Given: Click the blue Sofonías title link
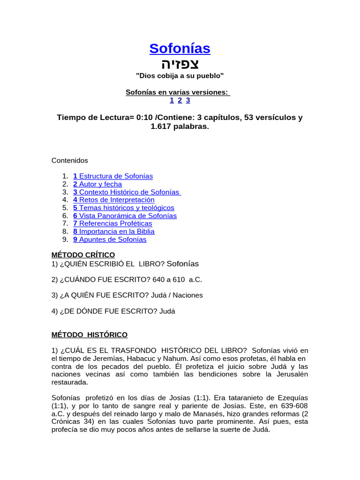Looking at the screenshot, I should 180,48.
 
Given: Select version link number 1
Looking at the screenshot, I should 172,100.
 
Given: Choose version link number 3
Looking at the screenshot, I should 187,100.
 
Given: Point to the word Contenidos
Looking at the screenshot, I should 69,160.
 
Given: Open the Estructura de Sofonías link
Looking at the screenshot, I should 113,176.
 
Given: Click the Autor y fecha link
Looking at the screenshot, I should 97,184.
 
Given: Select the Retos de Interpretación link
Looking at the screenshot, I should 114,200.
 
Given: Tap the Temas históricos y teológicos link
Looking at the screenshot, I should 124,208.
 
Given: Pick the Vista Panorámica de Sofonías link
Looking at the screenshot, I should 125,216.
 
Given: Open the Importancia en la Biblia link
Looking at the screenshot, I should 114,232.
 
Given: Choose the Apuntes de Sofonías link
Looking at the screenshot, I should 110,240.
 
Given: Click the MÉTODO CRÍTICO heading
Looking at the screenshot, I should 83,255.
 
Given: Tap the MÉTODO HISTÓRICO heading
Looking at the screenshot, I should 89,335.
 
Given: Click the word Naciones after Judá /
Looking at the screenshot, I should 188,295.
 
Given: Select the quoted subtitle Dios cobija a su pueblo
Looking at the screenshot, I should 180,75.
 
